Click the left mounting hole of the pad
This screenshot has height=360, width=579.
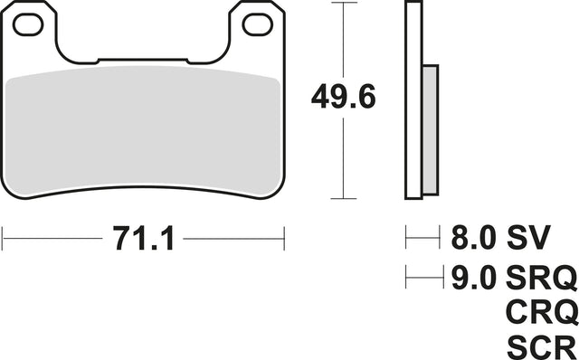coord(28,24)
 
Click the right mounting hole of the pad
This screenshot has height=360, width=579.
coord(258,24)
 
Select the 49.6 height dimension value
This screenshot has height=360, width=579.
coord(344,97)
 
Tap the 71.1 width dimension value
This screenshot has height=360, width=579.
coord(143,239)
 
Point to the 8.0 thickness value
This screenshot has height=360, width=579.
coord(473,237)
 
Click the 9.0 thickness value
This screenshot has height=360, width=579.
coord(473,278)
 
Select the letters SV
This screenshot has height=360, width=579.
coord(528,237)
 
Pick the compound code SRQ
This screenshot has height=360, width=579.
coord(541,278)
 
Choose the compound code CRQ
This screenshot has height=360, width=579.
coord(542,312)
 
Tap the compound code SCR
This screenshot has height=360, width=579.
coord(541,347)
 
